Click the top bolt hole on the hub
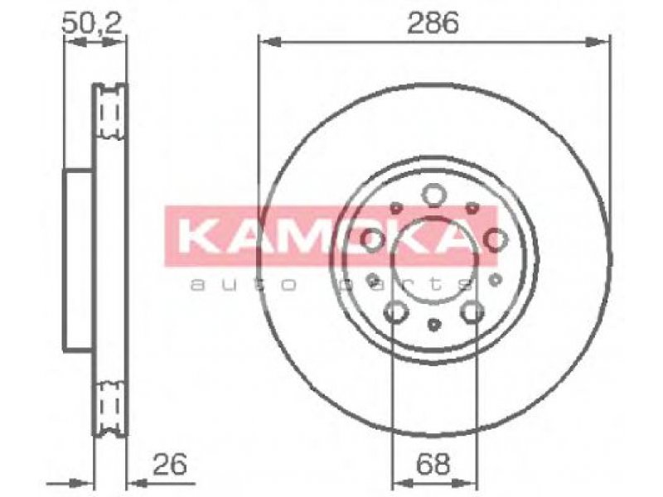click(x=434, y=195)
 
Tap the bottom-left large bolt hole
click(x=396, y=312)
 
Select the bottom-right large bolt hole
click(x=472, y=312)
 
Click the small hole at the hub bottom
click(x=433, y=325)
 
